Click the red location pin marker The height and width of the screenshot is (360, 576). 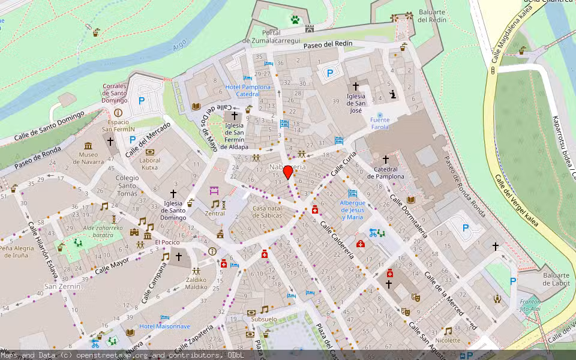click(288, 172)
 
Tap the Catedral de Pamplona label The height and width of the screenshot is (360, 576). click(386, 173)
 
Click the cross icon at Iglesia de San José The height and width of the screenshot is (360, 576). click(355, 87)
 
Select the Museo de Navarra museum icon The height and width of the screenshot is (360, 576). click(88, 146)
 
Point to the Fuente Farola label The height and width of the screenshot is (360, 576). click(379, 124)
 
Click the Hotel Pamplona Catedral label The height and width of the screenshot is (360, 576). click(247, 91)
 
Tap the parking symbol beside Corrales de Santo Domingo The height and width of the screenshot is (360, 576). click(142, 102)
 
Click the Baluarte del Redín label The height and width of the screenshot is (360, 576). click(431, 16)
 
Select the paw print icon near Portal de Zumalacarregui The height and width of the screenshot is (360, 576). click(295, 19)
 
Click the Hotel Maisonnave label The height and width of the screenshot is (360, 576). click(165, 326)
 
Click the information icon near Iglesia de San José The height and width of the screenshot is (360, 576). click(393, 94)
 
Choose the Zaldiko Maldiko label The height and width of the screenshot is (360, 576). click(196, 283)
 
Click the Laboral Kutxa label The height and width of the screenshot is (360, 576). click(150, 163)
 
